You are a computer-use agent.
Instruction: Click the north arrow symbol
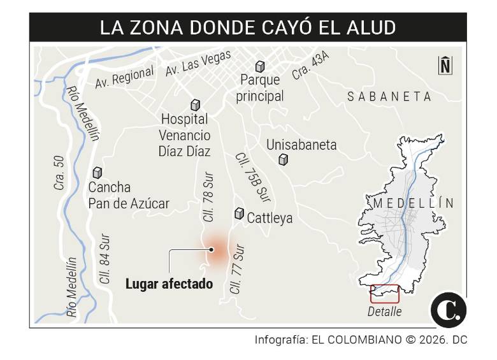[x=445, y=64]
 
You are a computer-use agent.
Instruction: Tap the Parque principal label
[x=259, y=89]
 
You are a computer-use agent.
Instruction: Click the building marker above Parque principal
[x=260, y=66]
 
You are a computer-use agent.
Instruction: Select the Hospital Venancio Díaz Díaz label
[x=185, y=135]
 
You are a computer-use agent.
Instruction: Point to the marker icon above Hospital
[x=196, y=105]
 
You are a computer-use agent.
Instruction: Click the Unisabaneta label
[x=301, y=145]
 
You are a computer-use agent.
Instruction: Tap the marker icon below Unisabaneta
[x=284, y=160]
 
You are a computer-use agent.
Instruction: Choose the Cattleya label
[x=270, y=218]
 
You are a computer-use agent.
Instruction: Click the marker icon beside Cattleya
[x=240, y=214]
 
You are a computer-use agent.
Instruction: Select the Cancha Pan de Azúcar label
[x=129, y=196]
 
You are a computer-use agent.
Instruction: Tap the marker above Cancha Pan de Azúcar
[x=97, y=172]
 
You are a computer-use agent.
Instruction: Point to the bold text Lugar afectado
[x=169, y=284]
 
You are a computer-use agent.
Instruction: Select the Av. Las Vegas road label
[x=198, y=64]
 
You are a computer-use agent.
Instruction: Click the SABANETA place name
[x=389, y=96]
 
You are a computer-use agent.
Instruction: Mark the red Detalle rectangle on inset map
[x=384, y=293]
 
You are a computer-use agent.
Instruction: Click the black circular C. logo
[x=449, y=311]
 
